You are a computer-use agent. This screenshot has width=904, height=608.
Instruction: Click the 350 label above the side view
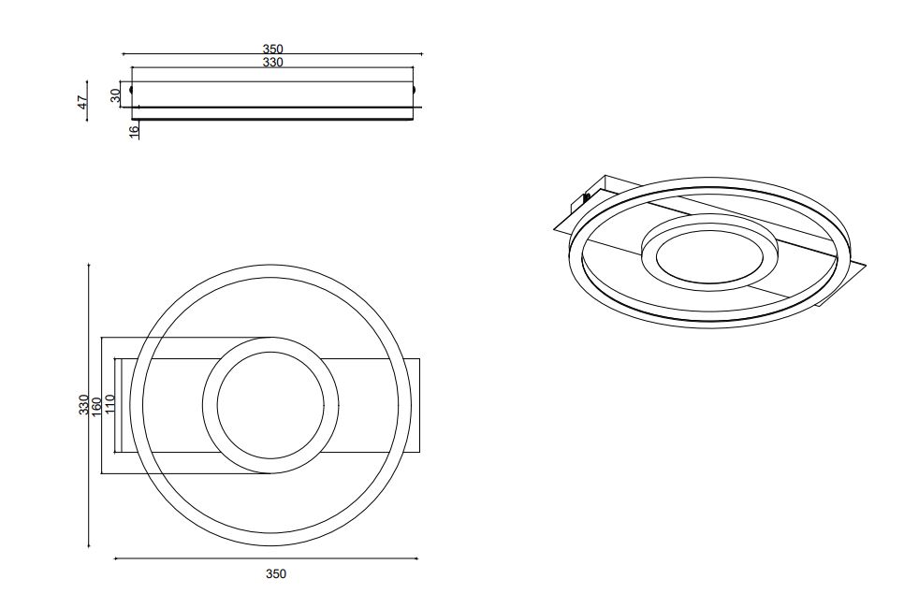point(272,49)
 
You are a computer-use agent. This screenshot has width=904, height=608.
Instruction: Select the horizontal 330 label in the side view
point(272,63)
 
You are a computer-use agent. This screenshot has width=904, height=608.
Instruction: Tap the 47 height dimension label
point(83,103)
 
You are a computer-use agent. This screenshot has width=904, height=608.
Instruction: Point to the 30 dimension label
point(115,95)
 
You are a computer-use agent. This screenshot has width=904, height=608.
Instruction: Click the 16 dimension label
point(134,131)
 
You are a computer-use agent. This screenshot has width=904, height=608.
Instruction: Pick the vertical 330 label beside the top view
point(84,405)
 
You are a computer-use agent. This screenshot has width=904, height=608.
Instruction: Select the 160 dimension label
point(97,405)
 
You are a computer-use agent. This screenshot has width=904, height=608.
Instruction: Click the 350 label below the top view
point(275,573)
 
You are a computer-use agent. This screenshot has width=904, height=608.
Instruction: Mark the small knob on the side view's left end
point(131,90)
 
